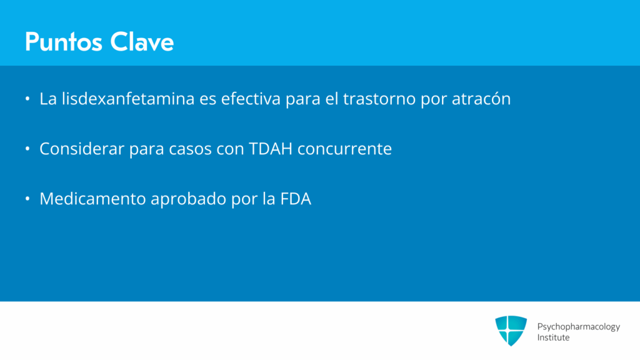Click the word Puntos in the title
click(x=63, y=42)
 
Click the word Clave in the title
click(x=142, y=42)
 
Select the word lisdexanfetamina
click(x=128, y=99)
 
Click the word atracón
click(x=481, y=99)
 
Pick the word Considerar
click(x=82, y=149)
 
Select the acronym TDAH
click(x=271, y=149)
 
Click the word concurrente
click(x=344, y=149)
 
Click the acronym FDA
click(x=296, y=199)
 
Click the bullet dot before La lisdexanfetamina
click(x=27, y=99)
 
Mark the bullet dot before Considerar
click(x=27, y=149)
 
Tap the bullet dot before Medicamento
click(x=27, y=199)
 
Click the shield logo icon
click(x=511, y=331)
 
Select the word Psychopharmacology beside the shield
click(x=578, y=327)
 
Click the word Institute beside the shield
click(x=553, y=337)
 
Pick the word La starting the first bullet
click(x=48, y=99)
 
